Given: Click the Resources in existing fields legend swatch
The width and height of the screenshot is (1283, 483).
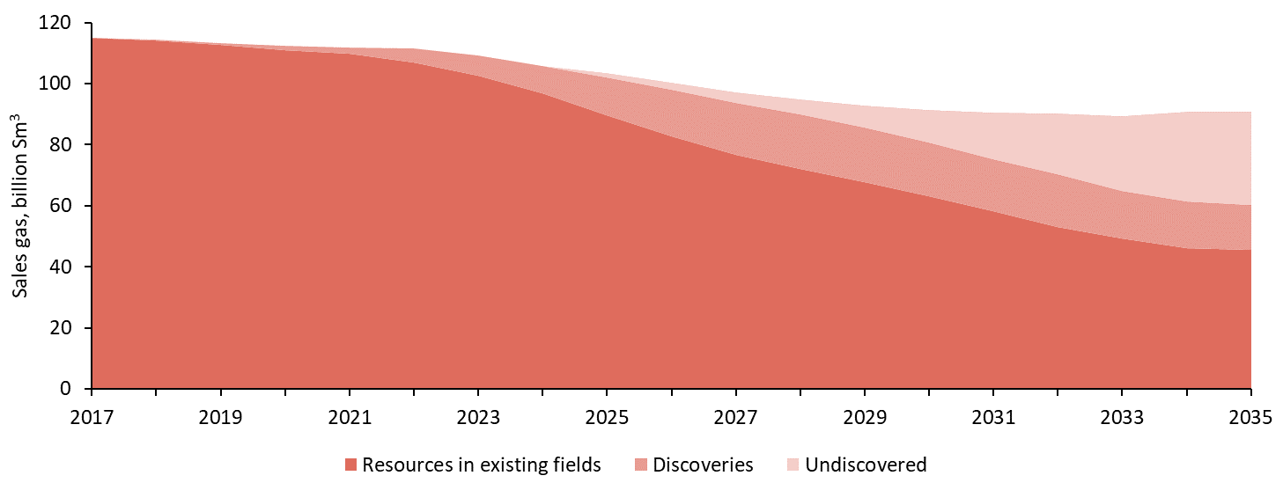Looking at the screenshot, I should [x=351, y=465].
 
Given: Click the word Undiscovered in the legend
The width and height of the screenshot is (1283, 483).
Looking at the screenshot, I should [x=866, y=465].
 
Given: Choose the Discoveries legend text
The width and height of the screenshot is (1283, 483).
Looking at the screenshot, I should [x=703, y=465].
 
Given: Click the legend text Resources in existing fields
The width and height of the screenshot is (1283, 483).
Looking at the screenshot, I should [x=481, y=465].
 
